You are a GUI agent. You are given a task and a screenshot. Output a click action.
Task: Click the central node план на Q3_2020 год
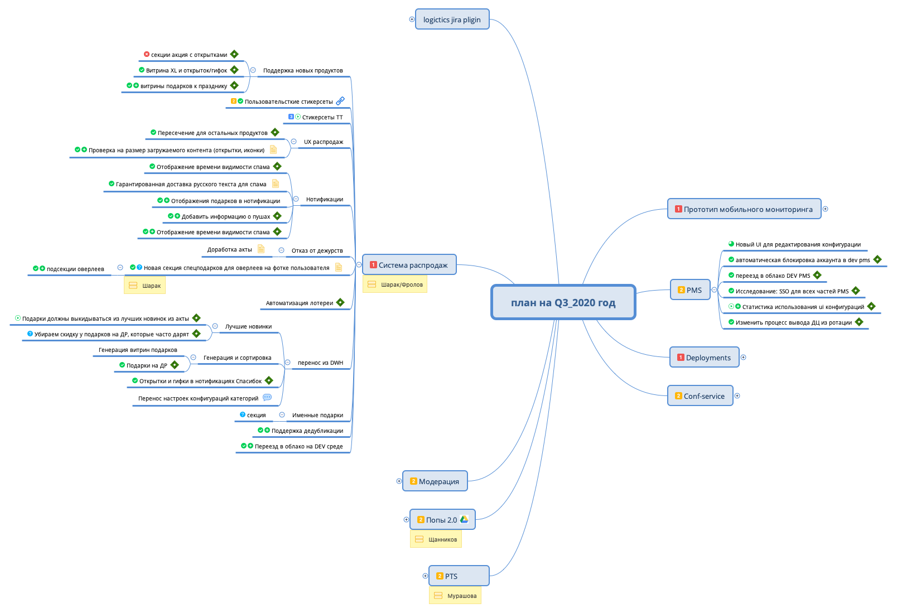(x=563, y=302)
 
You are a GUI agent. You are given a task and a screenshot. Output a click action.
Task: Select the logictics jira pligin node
(x=452, y=20)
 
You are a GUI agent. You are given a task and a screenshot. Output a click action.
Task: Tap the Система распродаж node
(x=409, y=265)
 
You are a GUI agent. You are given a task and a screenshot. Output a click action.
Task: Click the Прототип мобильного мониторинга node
(x=744, y=209)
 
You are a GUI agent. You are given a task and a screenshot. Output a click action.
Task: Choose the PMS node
(x=690, y=290)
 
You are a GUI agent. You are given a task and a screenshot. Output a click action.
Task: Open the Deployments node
(x=704, y=358)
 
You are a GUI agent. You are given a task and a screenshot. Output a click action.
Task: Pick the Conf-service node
(x=700, y=396)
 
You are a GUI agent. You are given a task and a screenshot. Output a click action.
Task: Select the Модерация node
(x=435, y=481)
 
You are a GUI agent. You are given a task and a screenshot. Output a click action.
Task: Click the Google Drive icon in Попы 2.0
(x=464, y=519)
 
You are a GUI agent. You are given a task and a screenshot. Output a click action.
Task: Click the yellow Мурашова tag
(x=455, y=596)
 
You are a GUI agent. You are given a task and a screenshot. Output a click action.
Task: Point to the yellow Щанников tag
(x=436, y=539)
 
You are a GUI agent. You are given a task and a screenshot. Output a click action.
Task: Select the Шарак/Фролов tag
(x=395, y=284)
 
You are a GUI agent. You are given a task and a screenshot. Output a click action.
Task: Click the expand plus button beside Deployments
(x=744, y=358)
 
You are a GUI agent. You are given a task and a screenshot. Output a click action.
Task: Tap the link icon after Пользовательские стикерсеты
(x=340, y=101)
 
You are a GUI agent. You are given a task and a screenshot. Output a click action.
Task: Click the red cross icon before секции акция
(x=147, y=54)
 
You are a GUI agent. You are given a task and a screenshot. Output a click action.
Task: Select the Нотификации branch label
(x=324, y=199)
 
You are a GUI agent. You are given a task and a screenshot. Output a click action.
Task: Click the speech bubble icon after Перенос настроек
(x=267, y=398)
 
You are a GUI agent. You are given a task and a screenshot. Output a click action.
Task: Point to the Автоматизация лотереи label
(x=299, y=303)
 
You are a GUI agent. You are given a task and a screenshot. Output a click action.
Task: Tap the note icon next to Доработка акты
(x=261, y=249)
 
